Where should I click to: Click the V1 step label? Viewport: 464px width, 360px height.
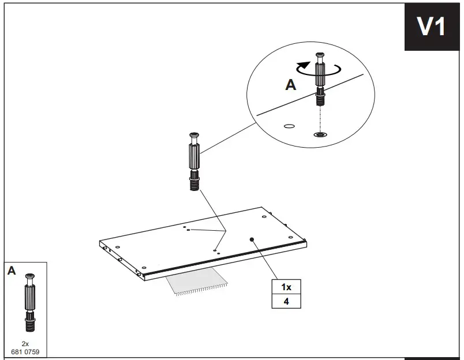pos(432,27)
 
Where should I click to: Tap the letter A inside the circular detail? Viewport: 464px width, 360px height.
pos(291,85)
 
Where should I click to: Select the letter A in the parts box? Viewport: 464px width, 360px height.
pos(12,271)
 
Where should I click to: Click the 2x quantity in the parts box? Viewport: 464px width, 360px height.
pos(25,343)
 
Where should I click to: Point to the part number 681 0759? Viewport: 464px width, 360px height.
pos(25,350)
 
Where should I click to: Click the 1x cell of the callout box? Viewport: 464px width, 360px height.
pos(286,287)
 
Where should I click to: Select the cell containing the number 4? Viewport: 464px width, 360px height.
pos(286,301)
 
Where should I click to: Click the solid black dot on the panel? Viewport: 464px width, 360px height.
pos(252,238)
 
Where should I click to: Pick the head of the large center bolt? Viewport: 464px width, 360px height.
pos(193,138)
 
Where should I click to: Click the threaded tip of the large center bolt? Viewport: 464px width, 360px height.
pos(194,185)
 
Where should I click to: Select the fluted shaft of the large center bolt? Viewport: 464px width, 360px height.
pos(194,157)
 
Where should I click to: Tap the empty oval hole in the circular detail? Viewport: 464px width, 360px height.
pos(290,125)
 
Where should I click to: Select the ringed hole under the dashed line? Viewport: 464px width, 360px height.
pos(319,135)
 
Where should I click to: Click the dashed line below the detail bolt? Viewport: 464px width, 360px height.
pos(319,118)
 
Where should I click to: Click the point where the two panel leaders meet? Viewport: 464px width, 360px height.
pos(225,231)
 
